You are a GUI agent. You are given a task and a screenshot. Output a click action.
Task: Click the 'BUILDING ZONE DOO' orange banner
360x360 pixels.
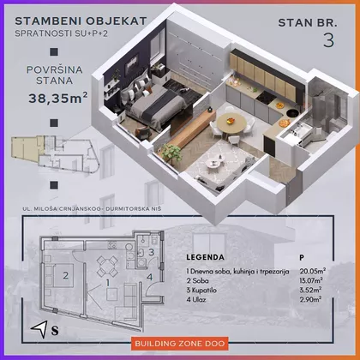(180, 343)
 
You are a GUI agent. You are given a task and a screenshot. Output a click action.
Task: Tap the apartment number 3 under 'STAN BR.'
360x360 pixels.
(328, 40)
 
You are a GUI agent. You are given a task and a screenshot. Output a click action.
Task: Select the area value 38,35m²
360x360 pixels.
(58, 98)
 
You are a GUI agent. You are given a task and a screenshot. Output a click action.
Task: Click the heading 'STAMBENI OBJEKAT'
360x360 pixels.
(81, 21)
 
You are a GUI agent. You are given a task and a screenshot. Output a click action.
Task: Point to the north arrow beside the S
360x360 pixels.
(40, 329)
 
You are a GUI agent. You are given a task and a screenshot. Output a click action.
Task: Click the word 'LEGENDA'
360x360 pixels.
(205, 257)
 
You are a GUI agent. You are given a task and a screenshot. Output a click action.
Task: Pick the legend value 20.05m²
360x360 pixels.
(313, 271)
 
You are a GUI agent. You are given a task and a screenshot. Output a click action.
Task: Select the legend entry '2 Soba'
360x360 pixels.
(198, 281)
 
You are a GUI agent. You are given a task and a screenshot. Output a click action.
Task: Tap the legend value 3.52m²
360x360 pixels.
(310, 290)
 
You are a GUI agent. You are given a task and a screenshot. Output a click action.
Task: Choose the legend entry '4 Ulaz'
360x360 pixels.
(196, 300)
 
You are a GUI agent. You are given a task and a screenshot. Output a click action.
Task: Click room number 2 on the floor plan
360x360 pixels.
(66, 275)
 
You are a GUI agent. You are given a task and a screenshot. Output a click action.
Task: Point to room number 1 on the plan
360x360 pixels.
(108, 283)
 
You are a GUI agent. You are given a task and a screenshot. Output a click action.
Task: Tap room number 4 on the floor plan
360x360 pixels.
(150, 277)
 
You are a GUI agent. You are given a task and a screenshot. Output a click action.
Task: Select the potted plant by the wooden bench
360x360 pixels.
(171, 153)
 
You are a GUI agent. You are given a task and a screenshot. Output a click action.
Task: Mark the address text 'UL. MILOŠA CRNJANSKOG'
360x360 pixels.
(62, 209)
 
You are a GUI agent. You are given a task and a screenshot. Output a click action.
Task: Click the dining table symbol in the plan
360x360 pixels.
(107, 267)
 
